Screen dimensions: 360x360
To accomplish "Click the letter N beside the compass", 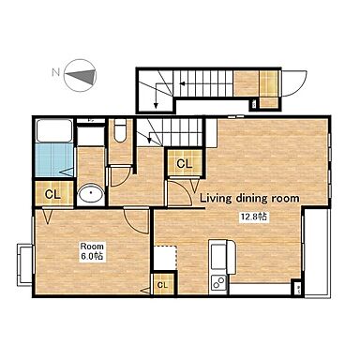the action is point(55,72).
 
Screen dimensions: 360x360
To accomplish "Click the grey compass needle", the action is point(80,76).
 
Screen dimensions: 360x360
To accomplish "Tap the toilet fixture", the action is point(120,130).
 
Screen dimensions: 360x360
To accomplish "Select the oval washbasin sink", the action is point(91,194).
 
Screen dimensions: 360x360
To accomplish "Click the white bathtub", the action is point(54,130).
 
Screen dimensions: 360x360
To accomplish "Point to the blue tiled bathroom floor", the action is point(54,160).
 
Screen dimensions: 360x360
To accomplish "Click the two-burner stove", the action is point(219,284).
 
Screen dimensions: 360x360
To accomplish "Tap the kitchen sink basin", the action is point(219,257).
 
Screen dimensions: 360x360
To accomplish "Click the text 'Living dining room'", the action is point(249,198).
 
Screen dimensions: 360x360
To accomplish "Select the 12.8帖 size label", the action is point(254,217).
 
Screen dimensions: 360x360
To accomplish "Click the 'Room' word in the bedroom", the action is point(92,246).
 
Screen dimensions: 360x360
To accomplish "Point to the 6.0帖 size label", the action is point(92,256).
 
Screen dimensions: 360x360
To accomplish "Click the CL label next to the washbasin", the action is point(52,195).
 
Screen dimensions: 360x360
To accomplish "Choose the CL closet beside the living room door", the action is point(185,163).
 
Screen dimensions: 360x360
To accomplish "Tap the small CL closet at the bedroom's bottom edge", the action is point(162,285).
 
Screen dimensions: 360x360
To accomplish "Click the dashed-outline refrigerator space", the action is point(166,258).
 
